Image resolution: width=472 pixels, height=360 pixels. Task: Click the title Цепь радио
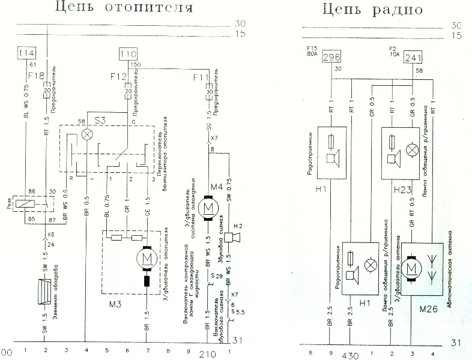[x=372, y=8]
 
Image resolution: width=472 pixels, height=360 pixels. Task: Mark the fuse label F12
[x=118, y=77]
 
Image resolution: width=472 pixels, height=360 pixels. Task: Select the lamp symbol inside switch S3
[x=88, y=136]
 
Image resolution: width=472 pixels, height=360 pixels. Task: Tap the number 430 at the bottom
[x=351, y=355]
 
